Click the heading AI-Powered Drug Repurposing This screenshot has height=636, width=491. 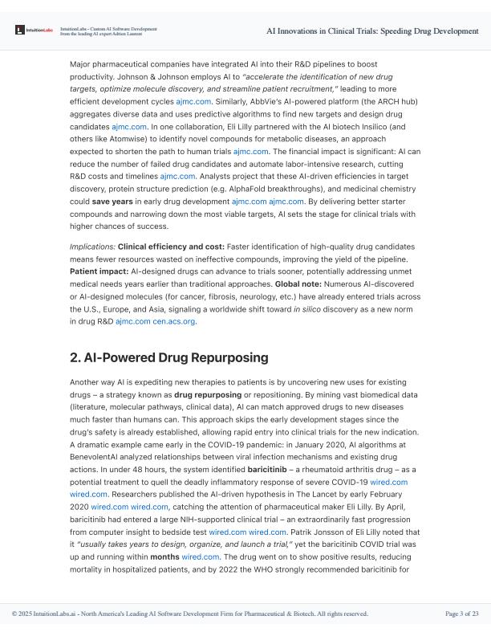[x=168, y=357]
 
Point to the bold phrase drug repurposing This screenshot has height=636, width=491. [x=206, y=396]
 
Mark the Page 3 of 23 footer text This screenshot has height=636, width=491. [x=461, y=614]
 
